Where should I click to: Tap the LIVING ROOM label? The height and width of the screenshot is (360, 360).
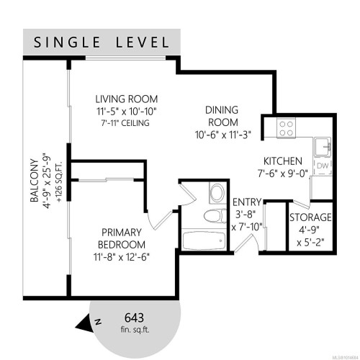[x=127, y=99]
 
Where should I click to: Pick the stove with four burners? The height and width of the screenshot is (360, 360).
[x=285, y=127]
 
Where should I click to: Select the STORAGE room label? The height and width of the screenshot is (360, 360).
[x=310, y=217]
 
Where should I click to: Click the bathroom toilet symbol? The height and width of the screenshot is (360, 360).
[x=214, y=217]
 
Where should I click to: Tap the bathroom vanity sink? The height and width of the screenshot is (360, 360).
[x=215, y=193]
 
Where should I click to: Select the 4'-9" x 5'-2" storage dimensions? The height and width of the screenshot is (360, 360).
[x=310, y=237]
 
